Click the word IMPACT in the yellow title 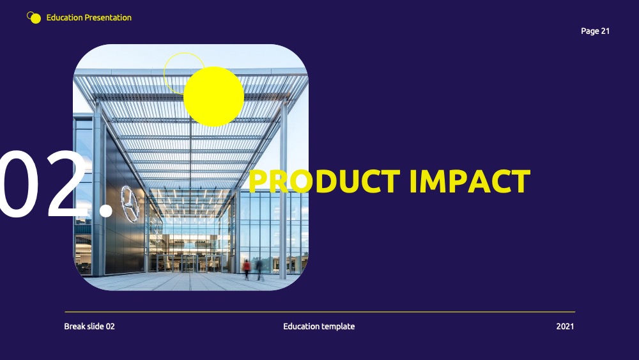click(470, 181)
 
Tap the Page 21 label click(595, 31)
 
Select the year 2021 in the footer click(565, 326)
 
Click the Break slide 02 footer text click(89, 326)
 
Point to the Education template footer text click(319, 326)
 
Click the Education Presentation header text click(89, 17)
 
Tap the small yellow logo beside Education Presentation click(34, 17)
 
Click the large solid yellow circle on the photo click(213, 97)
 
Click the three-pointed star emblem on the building click(130, 204)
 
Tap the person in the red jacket click(247, 269)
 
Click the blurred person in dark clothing click(259, 269)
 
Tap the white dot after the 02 click(106, 210)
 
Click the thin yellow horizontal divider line click(320, 312)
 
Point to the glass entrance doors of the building click(189, 263)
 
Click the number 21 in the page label click(605, 31)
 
